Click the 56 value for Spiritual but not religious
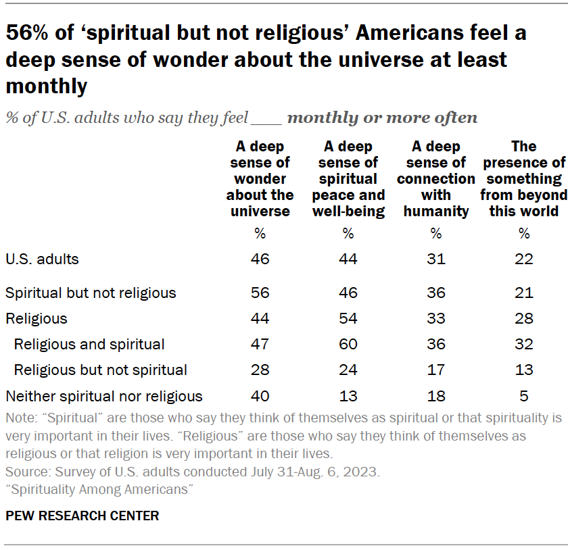(260, 293)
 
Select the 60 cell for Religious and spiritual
(348, 344)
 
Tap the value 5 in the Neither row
(524, 396)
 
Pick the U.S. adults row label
(42, 259)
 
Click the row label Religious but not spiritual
(100, 370)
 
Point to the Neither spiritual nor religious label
(104, 396)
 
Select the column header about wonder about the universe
(260, 179)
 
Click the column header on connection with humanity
(436, 179)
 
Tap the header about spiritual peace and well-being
(348, 179)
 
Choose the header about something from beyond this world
(524, 179)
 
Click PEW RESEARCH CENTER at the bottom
(82, 516)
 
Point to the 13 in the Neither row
(348, 396)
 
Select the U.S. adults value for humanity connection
(436, 259)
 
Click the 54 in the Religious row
(348, 318)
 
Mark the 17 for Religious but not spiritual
(436, 370)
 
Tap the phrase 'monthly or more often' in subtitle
(382, 118)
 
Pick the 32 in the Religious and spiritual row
(524, 344)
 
